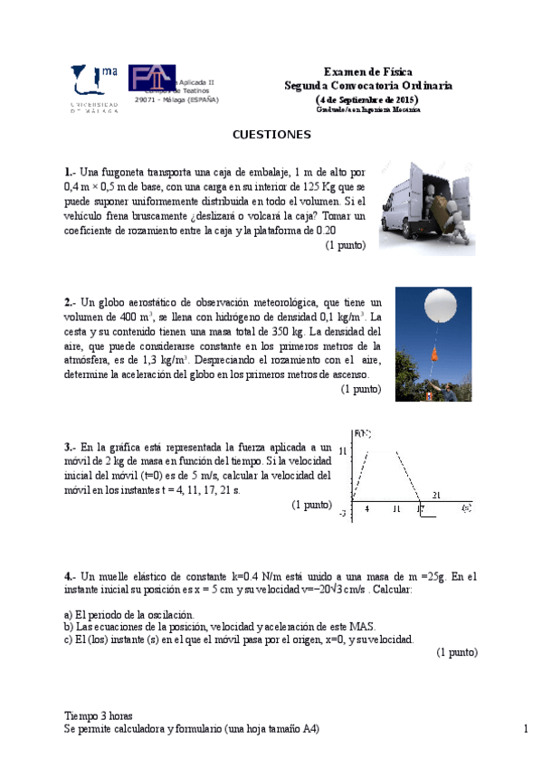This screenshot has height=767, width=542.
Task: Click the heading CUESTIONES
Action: point(271,135)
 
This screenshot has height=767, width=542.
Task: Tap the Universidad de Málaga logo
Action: point(94,87)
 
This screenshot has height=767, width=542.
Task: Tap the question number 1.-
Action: point(70,172)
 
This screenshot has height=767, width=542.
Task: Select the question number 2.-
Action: point(70,302)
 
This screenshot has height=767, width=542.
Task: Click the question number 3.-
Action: point(70,447)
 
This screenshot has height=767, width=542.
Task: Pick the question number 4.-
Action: point(70,576)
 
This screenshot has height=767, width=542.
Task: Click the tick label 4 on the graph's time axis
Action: point(366,509)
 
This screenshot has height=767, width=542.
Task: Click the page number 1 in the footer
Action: point(525,729)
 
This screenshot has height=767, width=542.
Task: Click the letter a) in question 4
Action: point(68,614)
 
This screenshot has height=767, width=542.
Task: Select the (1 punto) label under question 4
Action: point(456,652)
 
